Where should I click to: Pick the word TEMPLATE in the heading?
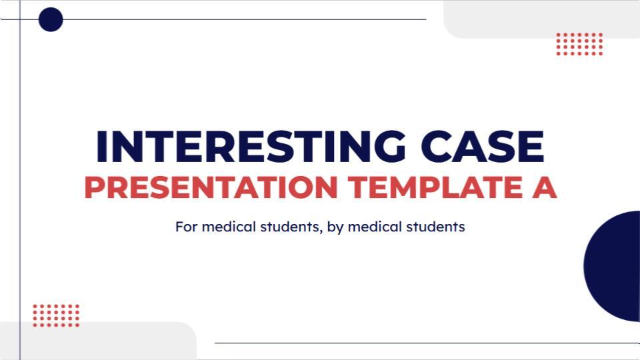tap(429, 188)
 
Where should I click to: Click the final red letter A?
tap(541, 188)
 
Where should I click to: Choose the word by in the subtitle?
tap(335, 227)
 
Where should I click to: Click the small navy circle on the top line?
tap(51, 19)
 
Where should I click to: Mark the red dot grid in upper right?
tap(579, 44)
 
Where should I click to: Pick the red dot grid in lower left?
tap(56, 315)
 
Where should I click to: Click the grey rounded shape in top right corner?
tap(540, 19)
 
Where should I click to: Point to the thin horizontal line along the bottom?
tap(427, 343)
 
